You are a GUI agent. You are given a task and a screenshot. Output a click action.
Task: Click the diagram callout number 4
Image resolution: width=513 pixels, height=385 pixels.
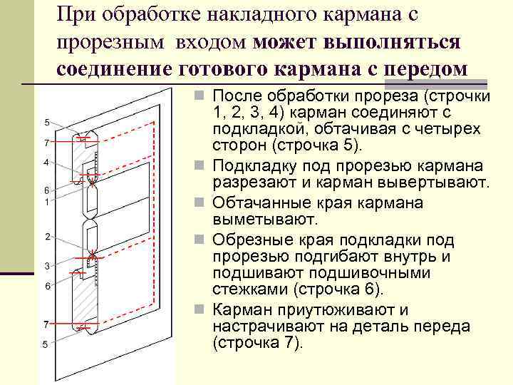(46, 163)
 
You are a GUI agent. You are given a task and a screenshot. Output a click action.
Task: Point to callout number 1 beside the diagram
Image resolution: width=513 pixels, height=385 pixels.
(46, 202)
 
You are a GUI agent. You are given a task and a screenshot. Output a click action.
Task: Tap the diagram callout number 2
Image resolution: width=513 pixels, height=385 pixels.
(46, 236)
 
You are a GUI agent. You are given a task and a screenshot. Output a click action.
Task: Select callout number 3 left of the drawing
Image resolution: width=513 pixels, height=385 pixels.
(46, 266)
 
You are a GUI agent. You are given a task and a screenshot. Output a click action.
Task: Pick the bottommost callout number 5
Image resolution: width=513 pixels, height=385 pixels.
(46, 344)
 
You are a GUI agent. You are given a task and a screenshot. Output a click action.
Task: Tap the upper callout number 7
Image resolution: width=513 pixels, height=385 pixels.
(46, 143)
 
